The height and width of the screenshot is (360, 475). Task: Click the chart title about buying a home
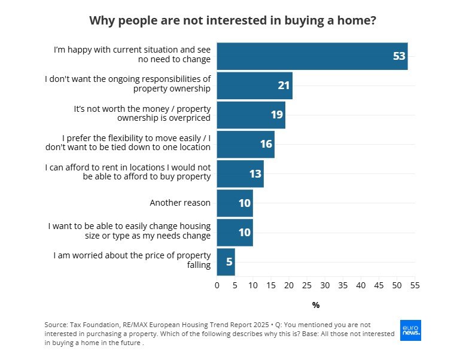tap(233, 20)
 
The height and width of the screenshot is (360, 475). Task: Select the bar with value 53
tap(312, 56)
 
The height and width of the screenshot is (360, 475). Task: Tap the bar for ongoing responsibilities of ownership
tap(254, 86)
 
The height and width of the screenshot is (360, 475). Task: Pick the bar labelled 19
tap(251, 115)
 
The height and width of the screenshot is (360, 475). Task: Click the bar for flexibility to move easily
tap(245, 144)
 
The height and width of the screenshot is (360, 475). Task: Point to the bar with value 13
tap(240, 173)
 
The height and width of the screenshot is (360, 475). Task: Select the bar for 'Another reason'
tap(235, 203)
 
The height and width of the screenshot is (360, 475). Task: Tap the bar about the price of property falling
tap(226, 261)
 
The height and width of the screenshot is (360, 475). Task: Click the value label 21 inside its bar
tap(284, 86)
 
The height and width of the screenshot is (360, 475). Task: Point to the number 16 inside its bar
tap(266, 144)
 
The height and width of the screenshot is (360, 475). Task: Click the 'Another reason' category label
tap(180, 203)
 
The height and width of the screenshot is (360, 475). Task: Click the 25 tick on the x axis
tap(307, 285)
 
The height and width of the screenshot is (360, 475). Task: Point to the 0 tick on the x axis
tap(217, 285)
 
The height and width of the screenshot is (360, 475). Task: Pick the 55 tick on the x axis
tap(415, 285)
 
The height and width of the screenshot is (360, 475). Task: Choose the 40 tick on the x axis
tap(361, 285)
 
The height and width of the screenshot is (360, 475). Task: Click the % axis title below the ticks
tap(316, 306)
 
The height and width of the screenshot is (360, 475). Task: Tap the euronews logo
tap(411, 330)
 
